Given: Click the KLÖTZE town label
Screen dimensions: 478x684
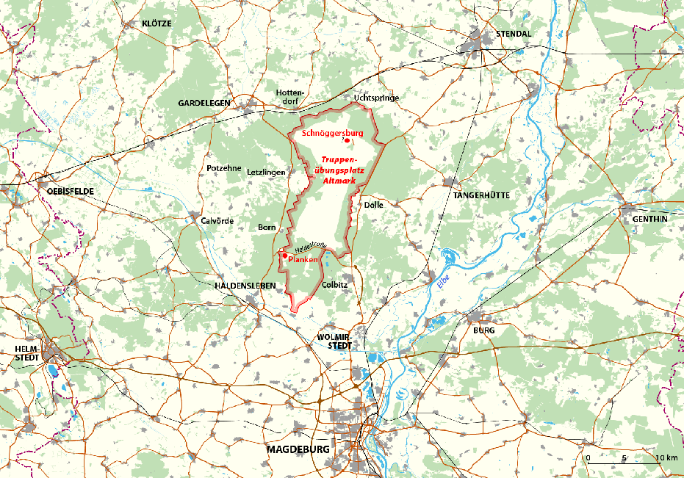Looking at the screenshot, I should pos(156,23).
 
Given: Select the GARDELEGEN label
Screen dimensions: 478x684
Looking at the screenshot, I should pos(204,103).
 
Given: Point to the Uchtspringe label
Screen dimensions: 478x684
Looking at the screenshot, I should pos(375,96).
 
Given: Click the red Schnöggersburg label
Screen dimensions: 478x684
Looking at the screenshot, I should pos(333,132).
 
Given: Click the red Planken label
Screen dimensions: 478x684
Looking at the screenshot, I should pos(303,260).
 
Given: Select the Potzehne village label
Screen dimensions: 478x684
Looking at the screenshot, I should pos(223,168).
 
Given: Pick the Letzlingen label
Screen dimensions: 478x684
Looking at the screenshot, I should pos(265,172).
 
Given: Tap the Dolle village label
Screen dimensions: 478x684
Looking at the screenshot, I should pos(374,206).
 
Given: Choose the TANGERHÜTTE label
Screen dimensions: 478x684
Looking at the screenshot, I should pos(481,195).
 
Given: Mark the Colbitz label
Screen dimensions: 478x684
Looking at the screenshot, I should pos(335,283).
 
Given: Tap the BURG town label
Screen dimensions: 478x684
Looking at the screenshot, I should pos(483,330).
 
